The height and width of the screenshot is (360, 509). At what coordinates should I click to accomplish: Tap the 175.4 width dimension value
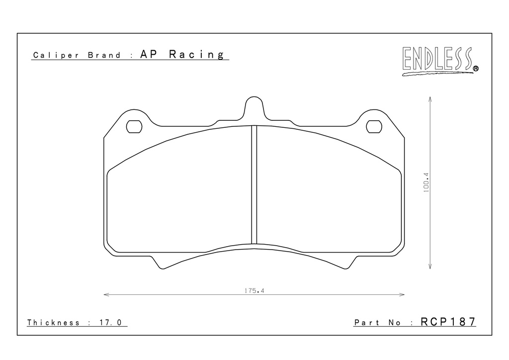click(x=254, y=291)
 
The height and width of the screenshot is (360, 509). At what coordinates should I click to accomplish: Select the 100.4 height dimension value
click(x=426, y=182)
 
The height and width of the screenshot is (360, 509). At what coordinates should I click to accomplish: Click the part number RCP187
click(x=448, y=322)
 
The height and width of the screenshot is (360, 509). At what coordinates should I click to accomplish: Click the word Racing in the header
click(x=196, y=55)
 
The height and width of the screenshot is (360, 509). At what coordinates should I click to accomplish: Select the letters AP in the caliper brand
click(x=149, y=54)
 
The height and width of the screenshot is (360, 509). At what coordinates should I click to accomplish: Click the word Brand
click(x=104, y=55)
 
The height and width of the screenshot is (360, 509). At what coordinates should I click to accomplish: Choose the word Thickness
click(x=53, y=323)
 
